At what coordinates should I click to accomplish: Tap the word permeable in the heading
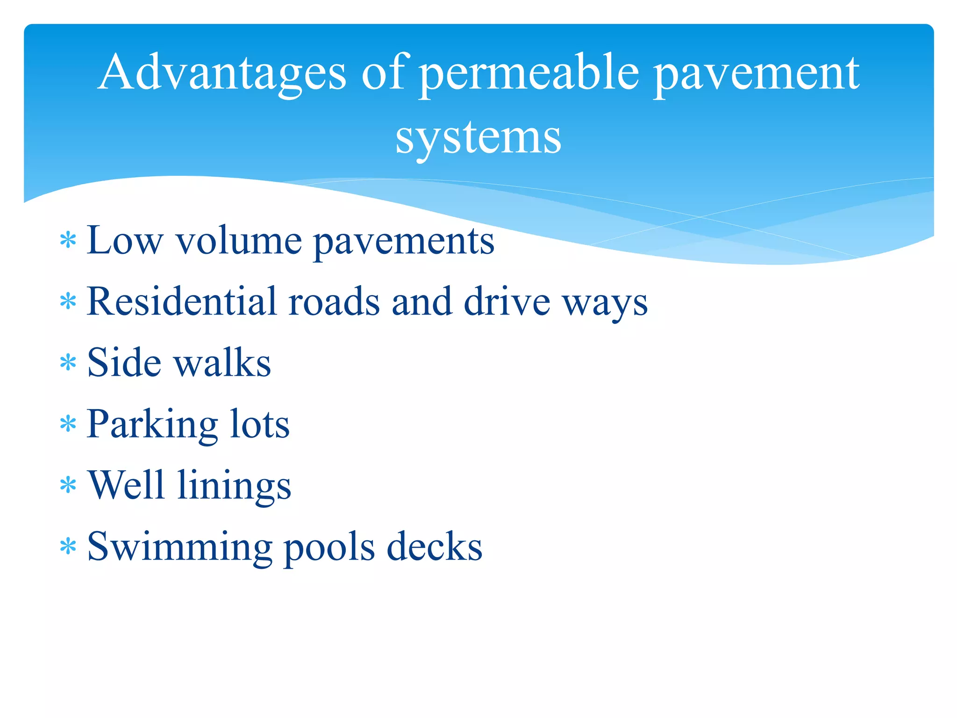coord(528,75)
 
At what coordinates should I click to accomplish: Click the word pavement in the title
coord(756,75)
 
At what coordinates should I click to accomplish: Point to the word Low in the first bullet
coord(124,241)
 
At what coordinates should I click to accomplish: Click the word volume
coord(238,241)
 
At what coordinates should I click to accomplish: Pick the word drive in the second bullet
coord(507,302)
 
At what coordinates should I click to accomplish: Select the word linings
coord(234,487)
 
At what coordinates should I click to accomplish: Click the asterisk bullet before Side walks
coord(68,363)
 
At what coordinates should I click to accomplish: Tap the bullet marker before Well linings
coord(68,485)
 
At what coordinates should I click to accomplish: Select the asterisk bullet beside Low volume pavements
coord(68,240)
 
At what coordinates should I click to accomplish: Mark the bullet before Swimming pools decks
coord(68,546)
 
